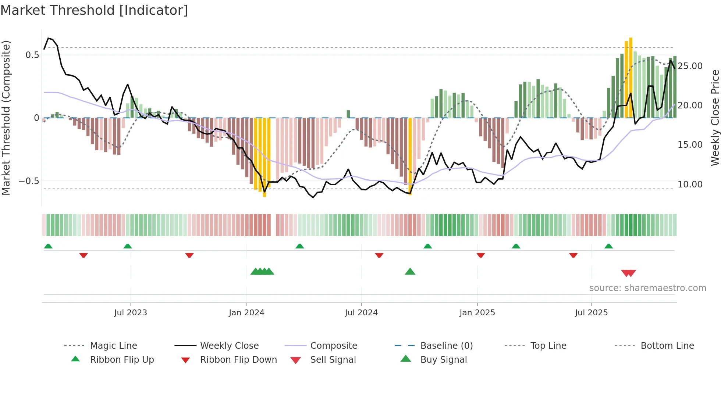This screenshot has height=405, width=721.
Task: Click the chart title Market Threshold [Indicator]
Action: tap(94, 10)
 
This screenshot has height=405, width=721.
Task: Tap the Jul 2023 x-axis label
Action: tap(130, 313)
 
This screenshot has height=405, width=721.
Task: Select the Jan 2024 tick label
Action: tap(246, 313)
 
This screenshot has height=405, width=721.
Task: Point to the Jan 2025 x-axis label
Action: tap(477, 313)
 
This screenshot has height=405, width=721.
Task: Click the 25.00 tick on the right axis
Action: tap(690, 66)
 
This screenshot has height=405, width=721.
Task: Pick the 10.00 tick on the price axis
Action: tap(690, 184)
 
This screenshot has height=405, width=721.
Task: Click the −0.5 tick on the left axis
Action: tap(29, 181)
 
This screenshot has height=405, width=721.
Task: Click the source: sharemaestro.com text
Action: tap(647, 288)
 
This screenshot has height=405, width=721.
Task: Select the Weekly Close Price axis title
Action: tap(715, 118)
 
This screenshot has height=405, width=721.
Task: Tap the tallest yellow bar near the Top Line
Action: tap(631, 77)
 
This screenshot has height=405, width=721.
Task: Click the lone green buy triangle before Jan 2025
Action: tap(410, 272)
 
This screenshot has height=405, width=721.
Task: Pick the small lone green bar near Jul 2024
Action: tap(348, 114)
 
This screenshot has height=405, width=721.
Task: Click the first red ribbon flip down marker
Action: tap(84, 255)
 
